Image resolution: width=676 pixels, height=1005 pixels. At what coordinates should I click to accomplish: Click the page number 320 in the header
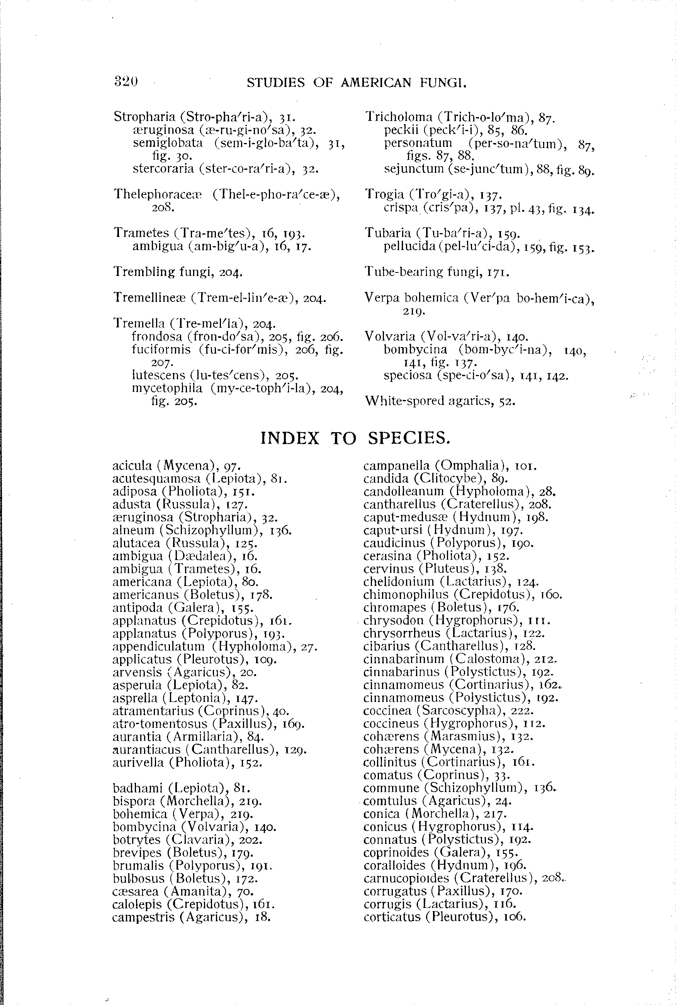(126, 81)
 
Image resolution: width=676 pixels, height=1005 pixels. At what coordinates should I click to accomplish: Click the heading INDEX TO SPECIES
(355, 438)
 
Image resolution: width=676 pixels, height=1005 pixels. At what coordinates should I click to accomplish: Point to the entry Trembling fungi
(178, 272)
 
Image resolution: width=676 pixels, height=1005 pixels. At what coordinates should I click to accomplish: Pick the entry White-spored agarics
(440, 401)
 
